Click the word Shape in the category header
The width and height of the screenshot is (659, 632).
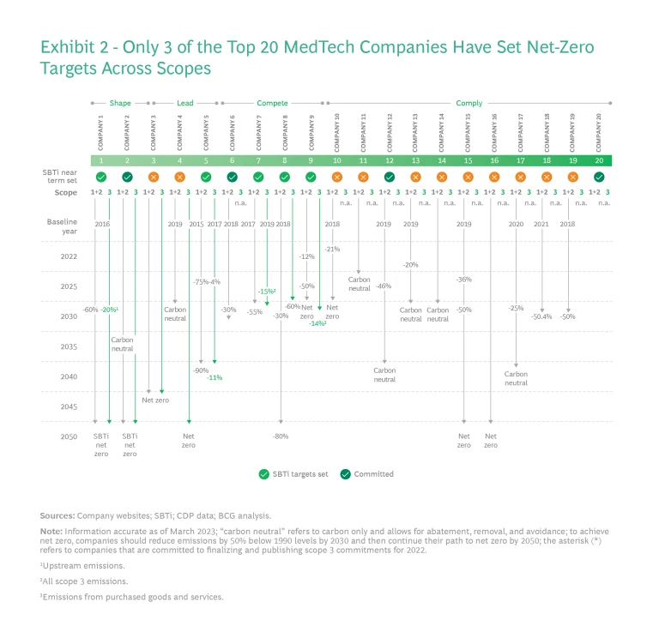point(120,103)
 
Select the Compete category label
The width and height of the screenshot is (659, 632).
point(272,103)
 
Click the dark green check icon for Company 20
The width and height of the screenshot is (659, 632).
point(599,177)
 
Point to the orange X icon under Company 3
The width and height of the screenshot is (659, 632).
point(154,177)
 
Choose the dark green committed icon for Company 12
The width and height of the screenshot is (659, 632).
point(390,177)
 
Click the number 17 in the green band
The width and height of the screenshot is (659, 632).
point(520,160)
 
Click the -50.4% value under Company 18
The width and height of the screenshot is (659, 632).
point(541,316)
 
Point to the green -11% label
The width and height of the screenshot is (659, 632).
point(215,377)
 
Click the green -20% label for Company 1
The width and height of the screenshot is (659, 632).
point(108,310)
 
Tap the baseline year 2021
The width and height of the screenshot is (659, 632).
point(541,224)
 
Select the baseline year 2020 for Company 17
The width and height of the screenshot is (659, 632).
point(516,224)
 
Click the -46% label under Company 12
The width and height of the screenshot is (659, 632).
point(384,286)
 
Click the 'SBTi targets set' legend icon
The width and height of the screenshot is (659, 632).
point(264,473)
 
